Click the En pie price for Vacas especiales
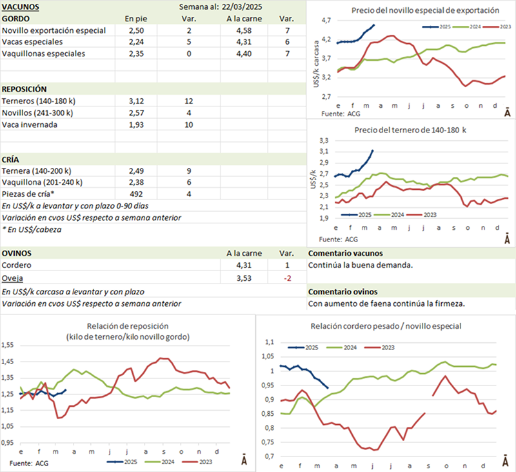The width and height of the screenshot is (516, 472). click(136, 42)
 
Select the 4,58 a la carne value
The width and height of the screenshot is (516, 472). click(244, 30)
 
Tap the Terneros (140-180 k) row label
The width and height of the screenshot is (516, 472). click(39, 101)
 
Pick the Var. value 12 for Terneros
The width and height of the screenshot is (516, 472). click(188, 101)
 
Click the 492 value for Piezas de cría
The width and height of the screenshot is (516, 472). click(136, 194)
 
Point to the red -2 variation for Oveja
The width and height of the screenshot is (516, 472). click(288, 278)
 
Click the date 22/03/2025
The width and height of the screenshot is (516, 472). click(242, 7)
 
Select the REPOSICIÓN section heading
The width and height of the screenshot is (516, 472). click(24, 89)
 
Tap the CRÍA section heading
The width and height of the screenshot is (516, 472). click(10, 159)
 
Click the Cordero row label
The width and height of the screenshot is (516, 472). click(17, 265)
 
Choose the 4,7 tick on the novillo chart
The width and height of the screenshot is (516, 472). click(326, 21)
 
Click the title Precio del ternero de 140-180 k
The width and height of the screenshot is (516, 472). click(410, 130)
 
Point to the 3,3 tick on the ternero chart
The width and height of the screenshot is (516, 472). click(324, 141)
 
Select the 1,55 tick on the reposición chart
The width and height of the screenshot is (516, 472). click(8, 345)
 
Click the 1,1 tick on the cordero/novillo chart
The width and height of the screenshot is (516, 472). click(270, 342)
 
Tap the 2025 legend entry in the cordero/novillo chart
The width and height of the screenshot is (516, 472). click(303, 347)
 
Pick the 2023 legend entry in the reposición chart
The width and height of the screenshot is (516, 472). click(197, 462)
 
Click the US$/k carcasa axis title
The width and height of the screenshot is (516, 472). click(316, 64)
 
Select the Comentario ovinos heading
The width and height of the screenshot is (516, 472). click(342, 292)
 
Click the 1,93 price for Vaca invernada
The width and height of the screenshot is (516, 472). click(136, 125)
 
